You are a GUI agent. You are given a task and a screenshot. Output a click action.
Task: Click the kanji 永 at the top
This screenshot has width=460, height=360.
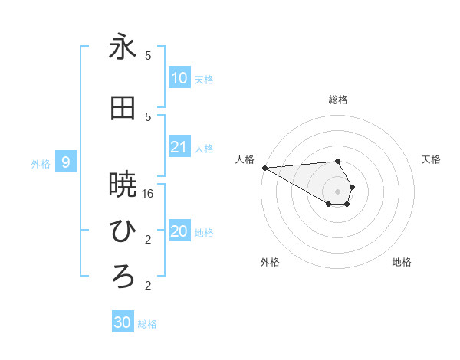(x=123, y=47)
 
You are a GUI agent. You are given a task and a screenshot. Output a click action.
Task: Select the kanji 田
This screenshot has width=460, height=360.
(x=123, y=110)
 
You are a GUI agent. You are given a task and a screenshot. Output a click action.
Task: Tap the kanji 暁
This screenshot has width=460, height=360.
(x=123, y=185)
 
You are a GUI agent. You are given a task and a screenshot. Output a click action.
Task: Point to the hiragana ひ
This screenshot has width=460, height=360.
(x=123, y=230)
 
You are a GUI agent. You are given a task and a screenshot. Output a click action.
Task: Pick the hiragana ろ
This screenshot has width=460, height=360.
(x=123, y=276)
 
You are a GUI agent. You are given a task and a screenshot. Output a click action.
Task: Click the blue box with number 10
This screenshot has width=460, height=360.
(x=179, y=78)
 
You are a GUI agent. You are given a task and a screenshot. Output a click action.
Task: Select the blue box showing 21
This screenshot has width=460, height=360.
(x=179, y=148)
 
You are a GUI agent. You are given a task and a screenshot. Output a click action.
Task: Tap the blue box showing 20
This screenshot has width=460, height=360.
(x=179, y=232)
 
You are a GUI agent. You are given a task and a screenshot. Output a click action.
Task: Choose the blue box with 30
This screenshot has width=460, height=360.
(x=123, y=322)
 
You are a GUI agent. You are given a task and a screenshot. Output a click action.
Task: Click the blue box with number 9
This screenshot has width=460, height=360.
(x=67, y=162)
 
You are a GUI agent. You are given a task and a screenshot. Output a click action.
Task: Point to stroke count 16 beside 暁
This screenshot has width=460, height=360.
(x=148, y=195)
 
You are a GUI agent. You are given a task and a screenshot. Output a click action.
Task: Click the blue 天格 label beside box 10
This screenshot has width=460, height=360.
(x=204, y=80)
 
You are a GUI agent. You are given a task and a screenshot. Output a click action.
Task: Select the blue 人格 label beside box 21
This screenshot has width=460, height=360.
(x=204, y=149)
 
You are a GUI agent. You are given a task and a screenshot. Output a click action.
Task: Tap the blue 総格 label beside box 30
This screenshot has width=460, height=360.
(x=147, y=324)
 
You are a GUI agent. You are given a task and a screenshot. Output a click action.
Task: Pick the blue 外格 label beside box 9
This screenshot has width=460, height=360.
(x=41, y=163)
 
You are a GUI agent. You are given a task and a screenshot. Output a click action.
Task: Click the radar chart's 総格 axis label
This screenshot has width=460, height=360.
(x=338, y=100)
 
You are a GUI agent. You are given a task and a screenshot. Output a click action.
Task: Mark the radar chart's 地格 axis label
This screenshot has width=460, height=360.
(x=402, y=262)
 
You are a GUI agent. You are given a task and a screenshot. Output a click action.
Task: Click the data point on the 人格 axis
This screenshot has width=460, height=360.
(x=264, y=167)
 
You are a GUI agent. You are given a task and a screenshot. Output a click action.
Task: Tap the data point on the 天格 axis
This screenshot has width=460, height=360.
(x=352, y=187)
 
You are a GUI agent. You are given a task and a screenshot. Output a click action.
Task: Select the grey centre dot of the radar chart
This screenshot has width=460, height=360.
(x=338, y=191)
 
